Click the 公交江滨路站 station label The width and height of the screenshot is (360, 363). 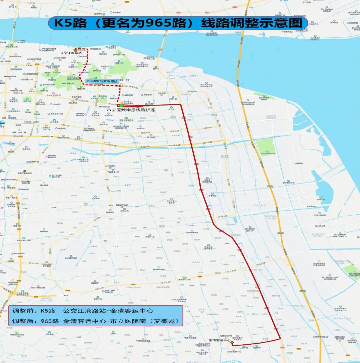71,53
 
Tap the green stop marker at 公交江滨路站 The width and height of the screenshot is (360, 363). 75,50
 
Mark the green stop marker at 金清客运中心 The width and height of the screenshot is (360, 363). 232,343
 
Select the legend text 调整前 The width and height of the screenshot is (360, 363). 22,311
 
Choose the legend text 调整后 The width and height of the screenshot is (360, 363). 22,321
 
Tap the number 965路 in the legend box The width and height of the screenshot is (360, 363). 50,321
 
